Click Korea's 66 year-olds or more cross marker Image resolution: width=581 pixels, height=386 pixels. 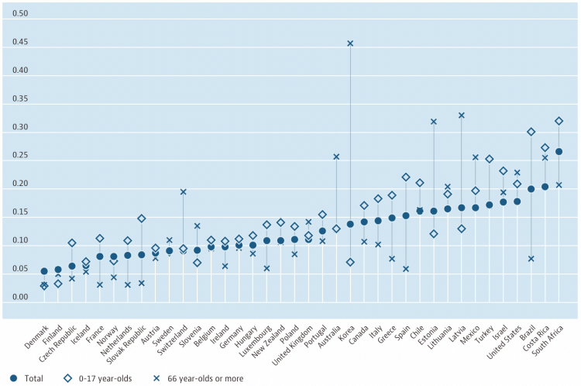[350, 43]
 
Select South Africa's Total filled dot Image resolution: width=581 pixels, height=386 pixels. [559, 151]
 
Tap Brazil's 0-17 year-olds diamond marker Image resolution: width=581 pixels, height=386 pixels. [531, 132]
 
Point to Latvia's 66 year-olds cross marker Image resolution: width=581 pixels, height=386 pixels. [462, 115]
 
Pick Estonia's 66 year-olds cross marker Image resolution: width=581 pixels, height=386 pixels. [434, 122]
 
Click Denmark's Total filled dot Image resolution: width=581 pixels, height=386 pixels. [44, 271]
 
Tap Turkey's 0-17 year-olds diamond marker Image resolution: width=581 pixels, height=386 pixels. [490, 159]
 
